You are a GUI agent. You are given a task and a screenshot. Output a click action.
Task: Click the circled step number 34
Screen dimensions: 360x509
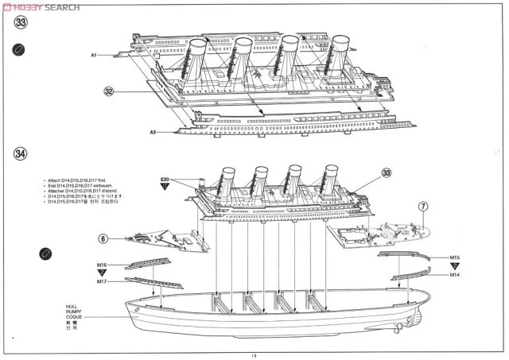21,153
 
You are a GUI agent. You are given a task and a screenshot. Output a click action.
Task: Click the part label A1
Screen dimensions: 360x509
93,55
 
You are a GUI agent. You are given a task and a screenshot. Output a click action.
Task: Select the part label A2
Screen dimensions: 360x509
153,131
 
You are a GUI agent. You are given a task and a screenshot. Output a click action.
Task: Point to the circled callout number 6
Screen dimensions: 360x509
103,238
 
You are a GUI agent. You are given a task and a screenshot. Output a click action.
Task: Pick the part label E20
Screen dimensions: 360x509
165,180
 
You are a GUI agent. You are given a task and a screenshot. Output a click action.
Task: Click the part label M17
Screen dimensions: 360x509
102,281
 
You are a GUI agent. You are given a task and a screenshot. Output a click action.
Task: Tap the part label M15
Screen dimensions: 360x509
454,257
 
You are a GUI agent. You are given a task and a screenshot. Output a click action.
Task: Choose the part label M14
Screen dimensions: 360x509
454,275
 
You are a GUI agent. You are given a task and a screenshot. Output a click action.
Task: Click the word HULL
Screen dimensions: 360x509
73,305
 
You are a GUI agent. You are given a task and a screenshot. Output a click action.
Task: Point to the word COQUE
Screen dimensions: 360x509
74,317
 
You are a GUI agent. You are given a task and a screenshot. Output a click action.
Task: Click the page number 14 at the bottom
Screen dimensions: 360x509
254,355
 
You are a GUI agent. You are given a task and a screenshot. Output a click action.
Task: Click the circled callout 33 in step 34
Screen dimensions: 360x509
387,172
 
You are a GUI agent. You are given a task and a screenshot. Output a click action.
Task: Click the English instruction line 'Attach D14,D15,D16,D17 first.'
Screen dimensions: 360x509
78,181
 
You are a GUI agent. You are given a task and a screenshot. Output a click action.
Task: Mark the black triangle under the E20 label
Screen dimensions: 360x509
165,188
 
